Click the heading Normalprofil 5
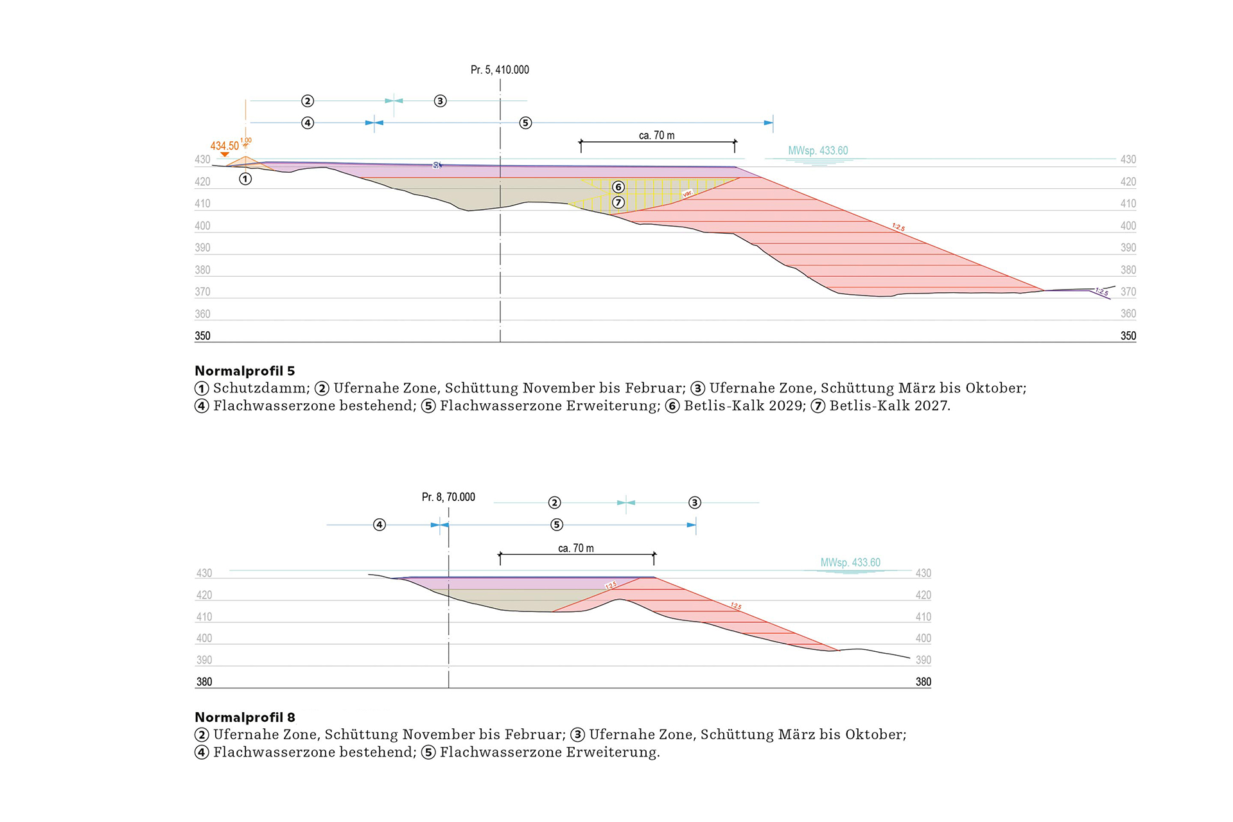245,371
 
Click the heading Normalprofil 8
245,717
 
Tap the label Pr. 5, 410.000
500,70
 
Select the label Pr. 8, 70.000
448,497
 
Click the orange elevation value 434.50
224,146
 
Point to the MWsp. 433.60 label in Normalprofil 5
818,151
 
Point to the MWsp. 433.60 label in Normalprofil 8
850,563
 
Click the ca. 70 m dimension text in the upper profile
656,136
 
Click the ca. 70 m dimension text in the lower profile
575,548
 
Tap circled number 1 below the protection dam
245,179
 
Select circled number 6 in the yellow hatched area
618,187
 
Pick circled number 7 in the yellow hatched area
618,202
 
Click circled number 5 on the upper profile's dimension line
525,123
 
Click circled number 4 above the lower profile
380,525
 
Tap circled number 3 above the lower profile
694,502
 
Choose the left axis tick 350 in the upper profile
202,336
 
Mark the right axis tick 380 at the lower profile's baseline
923,682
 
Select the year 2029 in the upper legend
786,406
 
